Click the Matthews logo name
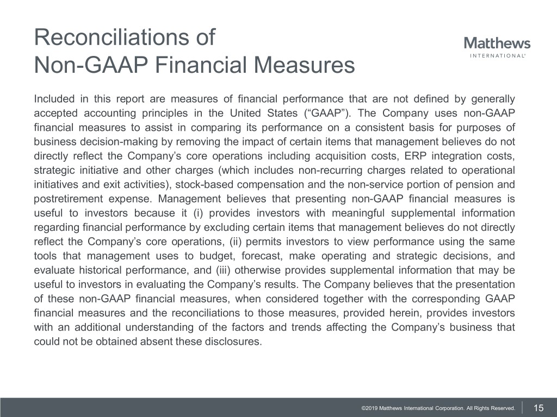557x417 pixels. pyautogui.click(x=497, y=43)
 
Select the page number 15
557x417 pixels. pyautogui.click(x=539, y=408)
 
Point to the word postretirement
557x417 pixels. pyautogui.click(x=65, y=198)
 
